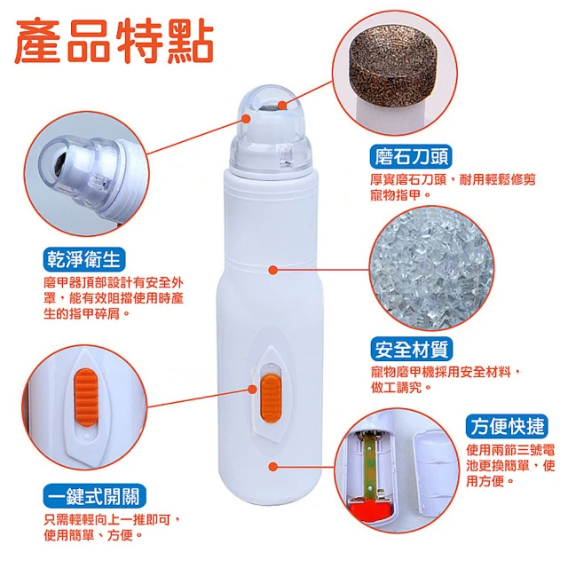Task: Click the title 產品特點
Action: tap(114, 41)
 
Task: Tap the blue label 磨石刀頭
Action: tap(411, 156)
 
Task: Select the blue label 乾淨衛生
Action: tap(84, 259)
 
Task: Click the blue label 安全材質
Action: tap(412, 349)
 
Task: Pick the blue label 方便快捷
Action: tap(507, 426)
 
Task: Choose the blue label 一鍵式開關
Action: tap(95, 496)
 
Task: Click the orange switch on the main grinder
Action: tap(271, 398)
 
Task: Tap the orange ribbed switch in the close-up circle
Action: tap(86, 397)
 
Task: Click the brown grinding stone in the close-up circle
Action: tap(392, 67)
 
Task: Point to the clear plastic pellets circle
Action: tap(431, 268)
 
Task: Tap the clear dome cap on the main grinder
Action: tap(270, 129)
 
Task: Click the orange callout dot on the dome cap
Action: tap(247, 118)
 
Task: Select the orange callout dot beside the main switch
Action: tap(252, 390)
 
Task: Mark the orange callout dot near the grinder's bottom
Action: tap(273, 467)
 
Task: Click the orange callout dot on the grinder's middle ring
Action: tap(273, 270)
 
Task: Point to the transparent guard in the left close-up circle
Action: tap(80, 168)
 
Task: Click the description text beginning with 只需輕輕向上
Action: tap(112, 528)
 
